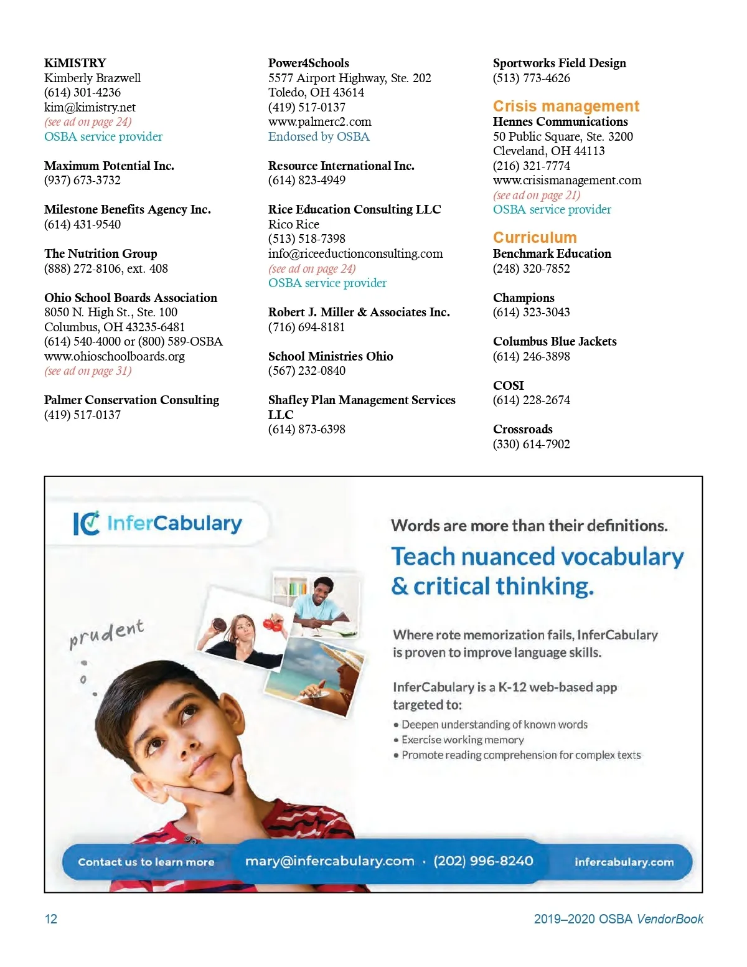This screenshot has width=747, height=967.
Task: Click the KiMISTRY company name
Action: [75, 63]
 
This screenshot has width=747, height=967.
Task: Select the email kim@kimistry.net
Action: [90, 107]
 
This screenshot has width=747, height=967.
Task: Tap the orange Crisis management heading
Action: [565, 106]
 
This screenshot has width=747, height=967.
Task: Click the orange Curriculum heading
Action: [534, 237]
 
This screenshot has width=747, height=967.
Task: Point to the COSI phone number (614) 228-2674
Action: [531, 400]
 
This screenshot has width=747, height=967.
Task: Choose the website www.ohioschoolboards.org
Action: [114, 356]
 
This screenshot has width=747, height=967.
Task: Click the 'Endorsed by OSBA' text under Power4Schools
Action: [319, 136]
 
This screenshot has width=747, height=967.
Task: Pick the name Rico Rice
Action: [293, 224]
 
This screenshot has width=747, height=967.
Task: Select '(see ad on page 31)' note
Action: [88, 371]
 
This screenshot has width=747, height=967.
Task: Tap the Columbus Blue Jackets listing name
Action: [554, 341]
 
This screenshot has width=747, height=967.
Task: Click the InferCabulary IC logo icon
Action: [86, 523]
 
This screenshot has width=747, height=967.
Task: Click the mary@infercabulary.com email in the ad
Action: [329, 861]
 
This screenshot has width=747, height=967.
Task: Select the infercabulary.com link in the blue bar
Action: [624, 862]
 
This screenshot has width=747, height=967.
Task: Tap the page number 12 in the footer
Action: [51, 919]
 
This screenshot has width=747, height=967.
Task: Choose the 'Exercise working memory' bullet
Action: [462, 740]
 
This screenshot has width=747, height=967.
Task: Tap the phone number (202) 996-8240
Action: [483, 861]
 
